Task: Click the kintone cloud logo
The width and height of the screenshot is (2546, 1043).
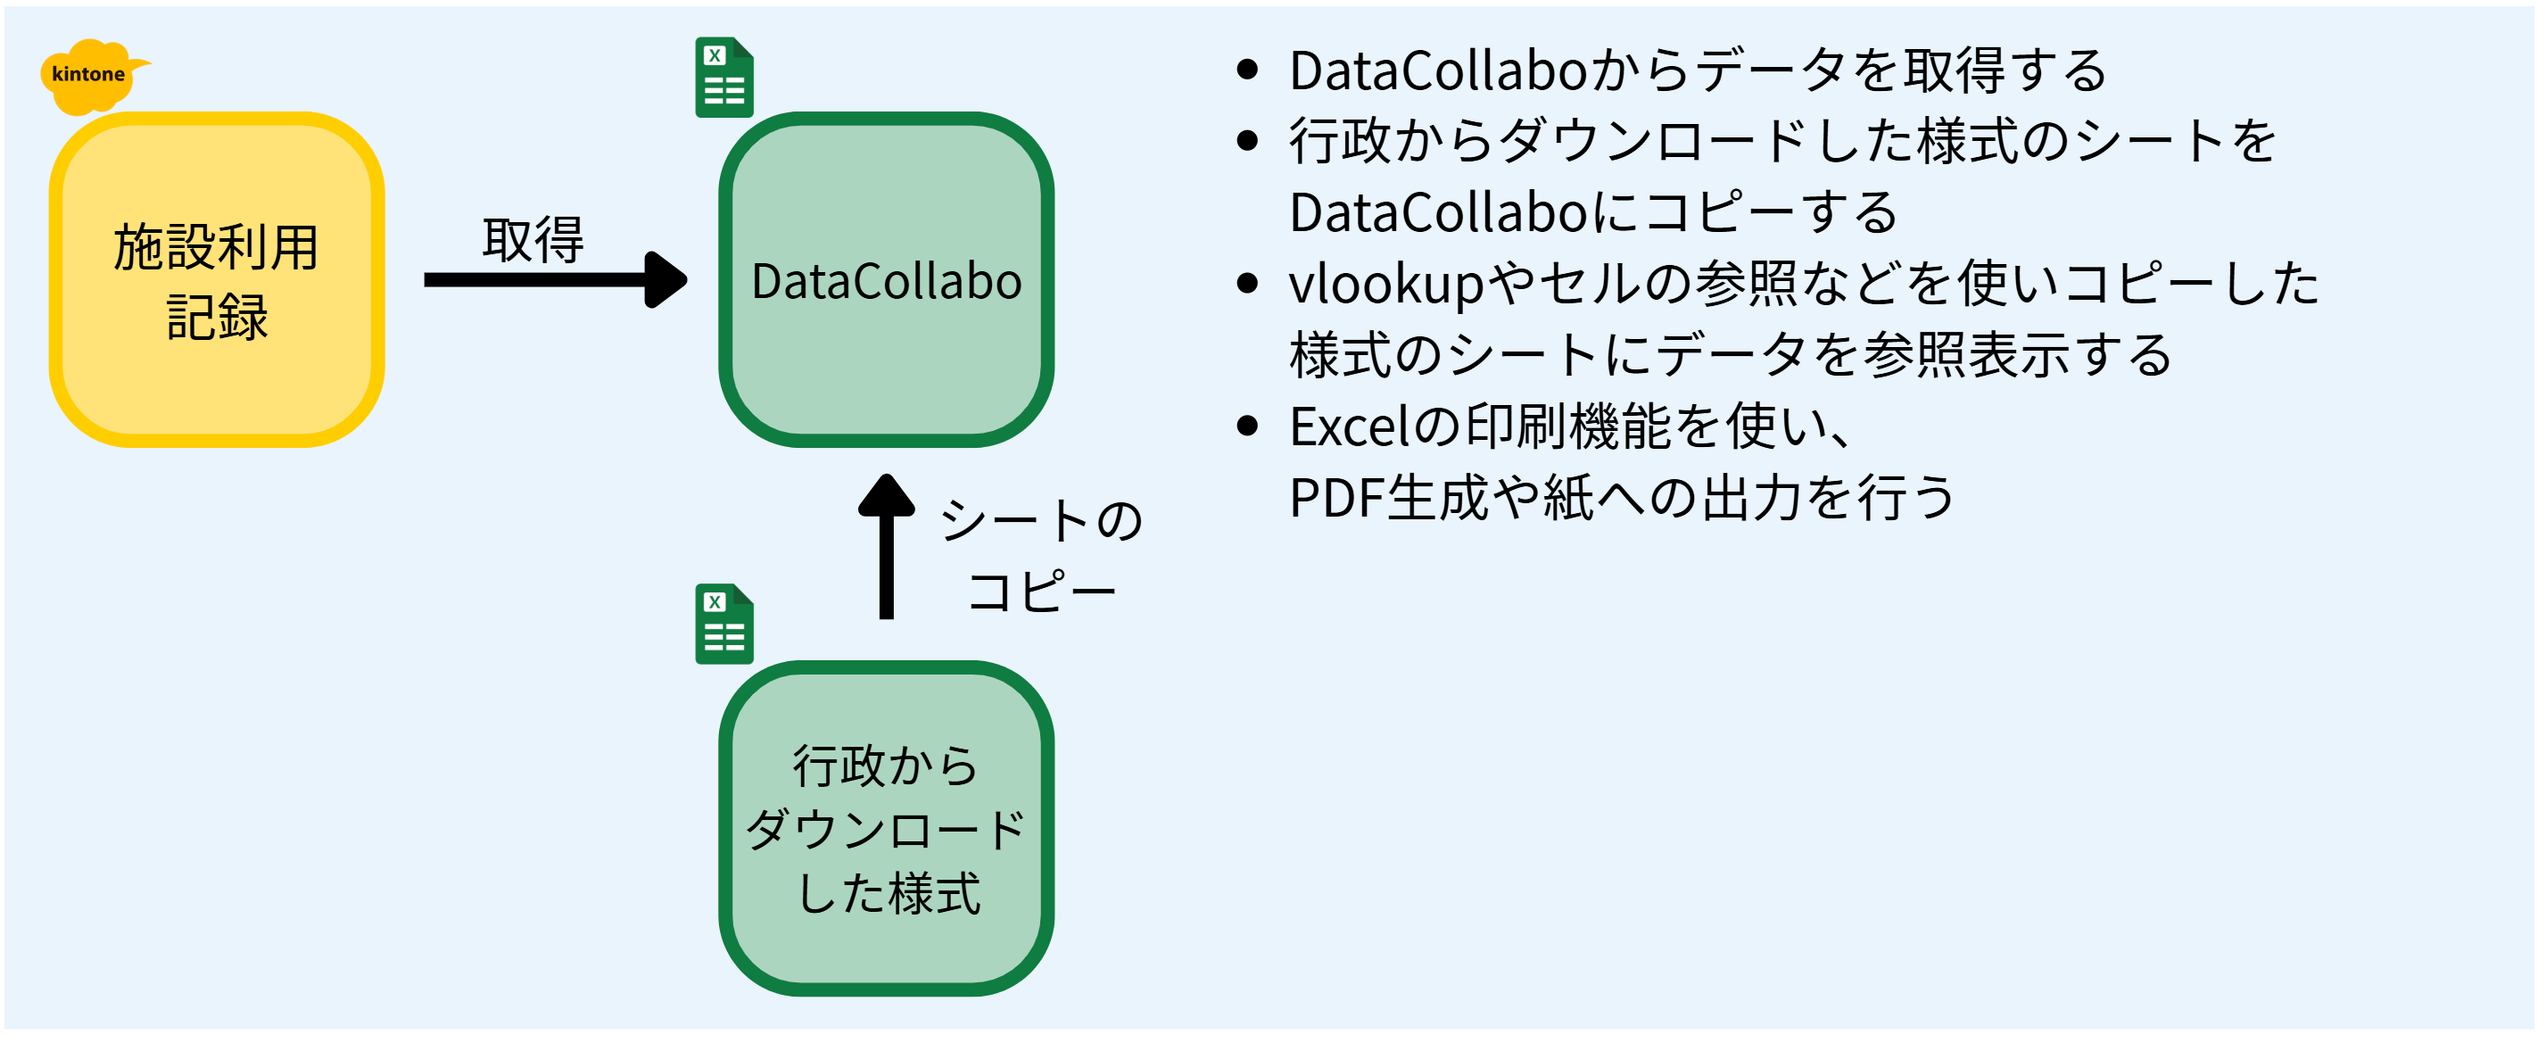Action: tap(92, 75)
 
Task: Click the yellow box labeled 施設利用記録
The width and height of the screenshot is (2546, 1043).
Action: tap(217, 280)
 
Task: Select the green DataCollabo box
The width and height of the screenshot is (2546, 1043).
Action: tap(887, 280)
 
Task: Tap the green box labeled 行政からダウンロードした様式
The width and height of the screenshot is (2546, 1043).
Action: tap(887, 829)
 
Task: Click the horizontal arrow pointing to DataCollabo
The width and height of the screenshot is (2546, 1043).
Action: tap(556, 280)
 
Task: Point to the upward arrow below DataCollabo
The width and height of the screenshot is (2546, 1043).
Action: tap(887, 547)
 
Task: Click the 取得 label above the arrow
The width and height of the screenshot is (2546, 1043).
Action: tap(533, 240)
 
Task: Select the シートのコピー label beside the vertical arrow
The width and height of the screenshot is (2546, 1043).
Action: tap(1042, 556)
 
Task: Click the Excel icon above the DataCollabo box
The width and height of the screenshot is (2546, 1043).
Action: tap(724, 77)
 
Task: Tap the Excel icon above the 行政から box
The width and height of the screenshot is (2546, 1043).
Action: tap(724, 624)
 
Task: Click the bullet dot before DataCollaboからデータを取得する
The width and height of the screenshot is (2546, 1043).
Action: tap(1247, 70)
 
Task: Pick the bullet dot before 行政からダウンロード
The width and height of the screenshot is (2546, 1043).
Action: tap(1247, 140)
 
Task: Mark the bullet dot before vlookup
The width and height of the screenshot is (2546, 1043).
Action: tap(1247, 284)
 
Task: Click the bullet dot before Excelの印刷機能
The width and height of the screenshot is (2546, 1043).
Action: tap(1247, 426)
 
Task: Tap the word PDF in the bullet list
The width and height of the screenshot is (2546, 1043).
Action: tap(1336, 497)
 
